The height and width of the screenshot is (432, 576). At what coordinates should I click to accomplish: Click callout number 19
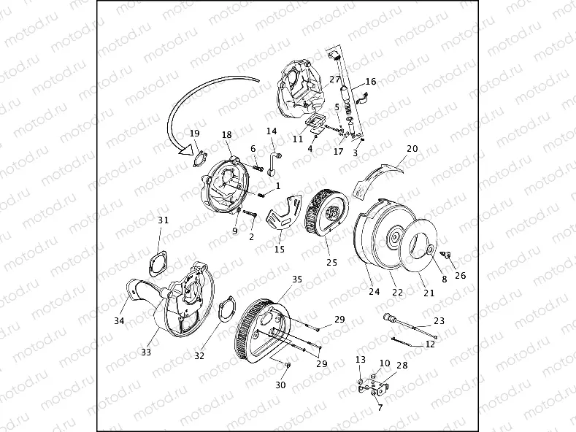tap(194, 134)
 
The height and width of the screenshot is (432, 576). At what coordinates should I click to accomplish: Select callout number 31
tap(163, 220)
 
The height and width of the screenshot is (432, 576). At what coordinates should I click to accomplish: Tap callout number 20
tap(412, 148)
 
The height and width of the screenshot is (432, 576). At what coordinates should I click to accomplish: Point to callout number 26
tap(460, 276)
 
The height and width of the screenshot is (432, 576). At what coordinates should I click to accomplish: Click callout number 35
tap(297, 279)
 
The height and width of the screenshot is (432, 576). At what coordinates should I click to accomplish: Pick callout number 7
tap(380, 408)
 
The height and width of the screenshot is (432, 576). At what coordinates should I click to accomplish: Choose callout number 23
tap(439, 320)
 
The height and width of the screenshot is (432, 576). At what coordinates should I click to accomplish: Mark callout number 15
tap(279, 249)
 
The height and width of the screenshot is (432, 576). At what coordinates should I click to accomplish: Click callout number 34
tap(119, 320)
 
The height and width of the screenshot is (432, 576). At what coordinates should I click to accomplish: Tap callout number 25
tap(331, 262)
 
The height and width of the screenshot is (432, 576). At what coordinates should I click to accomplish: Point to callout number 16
tap(370, 82)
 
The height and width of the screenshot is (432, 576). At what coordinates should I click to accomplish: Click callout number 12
tap(430, 344)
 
